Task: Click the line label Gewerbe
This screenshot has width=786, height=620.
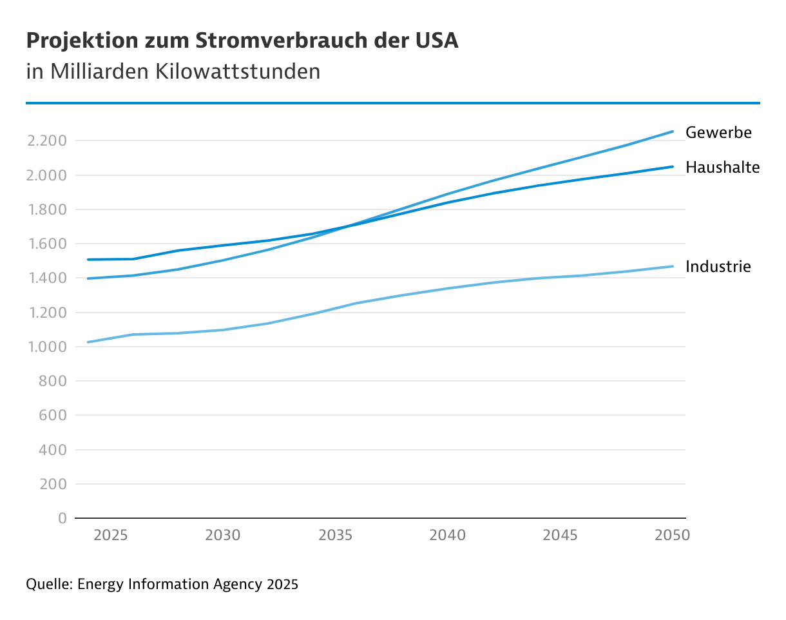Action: pos(718,133)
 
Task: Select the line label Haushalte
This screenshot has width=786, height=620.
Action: pos(722,168)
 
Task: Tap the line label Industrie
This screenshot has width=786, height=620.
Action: pos(718,267)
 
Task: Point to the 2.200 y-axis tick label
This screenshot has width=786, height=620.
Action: pos(46,141)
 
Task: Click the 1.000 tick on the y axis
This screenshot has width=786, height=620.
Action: pos(46,347)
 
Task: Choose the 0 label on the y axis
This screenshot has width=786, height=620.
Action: pos(62,519)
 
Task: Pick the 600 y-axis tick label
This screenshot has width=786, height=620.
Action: pos(53,416)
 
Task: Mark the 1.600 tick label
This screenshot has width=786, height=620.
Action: pos(46,244)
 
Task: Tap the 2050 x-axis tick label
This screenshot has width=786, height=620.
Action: pos(672,536)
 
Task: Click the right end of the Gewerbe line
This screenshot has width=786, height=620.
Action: pos(673,131)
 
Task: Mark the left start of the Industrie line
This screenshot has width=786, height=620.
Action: pos(88,342)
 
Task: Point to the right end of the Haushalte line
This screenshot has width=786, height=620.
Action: pos(673,166)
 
